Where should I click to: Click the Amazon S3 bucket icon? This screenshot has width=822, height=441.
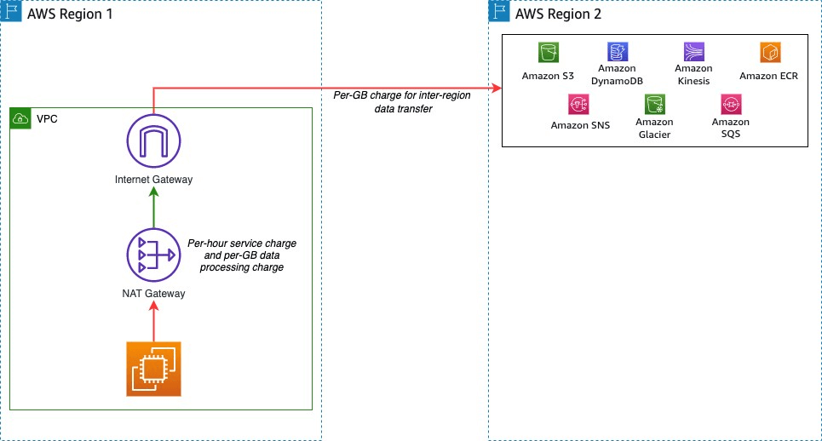tap(548, 53)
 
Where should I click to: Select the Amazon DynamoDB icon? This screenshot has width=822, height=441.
tap(618, 52)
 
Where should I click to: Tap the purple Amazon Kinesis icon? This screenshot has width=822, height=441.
tap(693, 52)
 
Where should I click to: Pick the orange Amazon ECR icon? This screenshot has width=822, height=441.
tap(770, 53)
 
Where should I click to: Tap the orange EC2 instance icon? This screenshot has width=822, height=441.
tap(153, 368)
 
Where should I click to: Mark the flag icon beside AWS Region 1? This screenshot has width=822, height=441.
tap(12, 13)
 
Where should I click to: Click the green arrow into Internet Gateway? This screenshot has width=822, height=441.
tap(153, 209)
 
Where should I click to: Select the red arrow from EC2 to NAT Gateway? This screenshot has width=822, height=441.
tap(153, 321)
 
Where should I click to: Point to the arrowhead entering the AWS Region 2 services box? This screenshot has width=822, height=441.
tap(496, 87)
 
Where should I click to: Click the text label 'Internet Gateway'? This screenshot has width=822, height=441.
tap(153, 180)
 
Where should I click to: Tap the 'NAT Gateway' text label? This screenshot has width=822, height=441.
tap(153, 294)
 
